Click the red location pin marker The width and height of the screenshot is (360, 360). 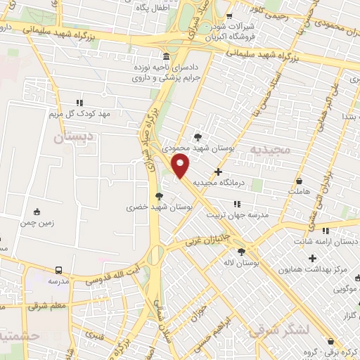tap(181, 166)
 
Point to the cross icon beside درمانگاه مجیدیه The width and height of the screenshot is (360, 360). tap(218, 171)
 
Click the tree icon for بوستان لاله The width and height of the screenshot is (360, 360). tap(242, 251)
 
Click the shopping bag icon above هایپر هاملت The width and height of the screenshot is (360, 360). tap(300, 179)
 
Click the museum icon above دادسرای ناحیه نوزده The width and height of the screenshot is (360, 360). tap(165, 57)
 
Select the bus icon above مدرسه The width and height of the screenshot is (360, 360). tap(58, 269)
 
